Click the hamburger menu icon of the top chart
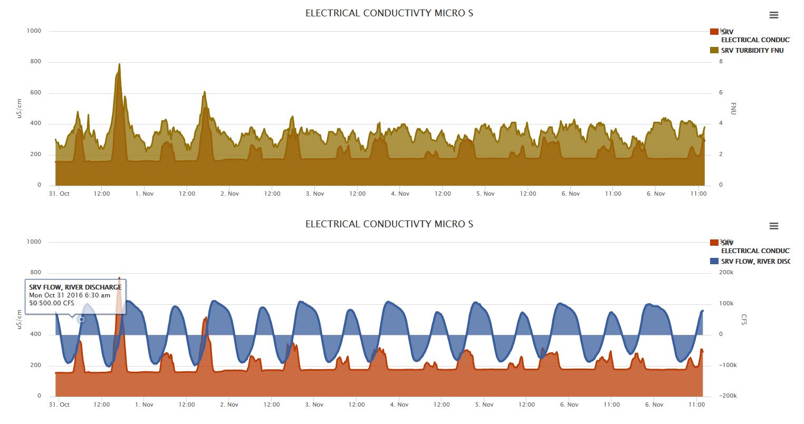[x=774, y=15]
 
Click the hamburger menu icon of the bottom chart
[x=774, y=226]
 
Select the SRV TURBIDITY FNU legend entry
[x=752, y=51]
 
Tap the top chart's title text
[x=389, y=13]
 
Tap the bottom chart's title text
[x=389, y=224]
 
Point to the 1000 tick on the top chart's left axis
[x=34, y=31]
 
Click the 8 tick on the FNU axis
[x=721, y=62]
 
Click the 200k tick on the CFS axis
[x=726, y=273]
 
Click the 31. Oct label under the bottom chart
[x=59, y=405]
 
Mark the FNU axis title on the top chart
[x=733, y=109]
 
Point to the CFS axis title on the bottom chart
[x=744, y=320]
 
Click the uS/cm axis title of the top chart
[x=20, y=109]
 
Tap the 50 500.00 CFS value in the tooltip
[x=52, y=303]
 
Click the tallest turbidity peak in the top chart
[x=119, y=65]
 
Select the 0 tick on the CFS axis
[x=721, y=334]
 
